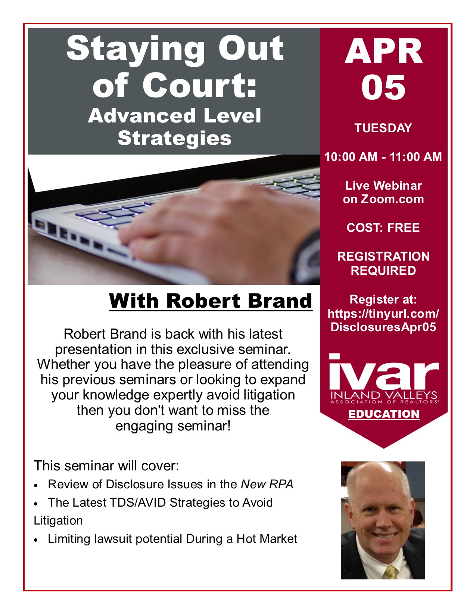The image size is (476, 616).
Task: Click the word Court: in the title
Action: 200,85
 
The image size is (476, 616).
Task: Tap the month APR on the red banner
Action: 383,51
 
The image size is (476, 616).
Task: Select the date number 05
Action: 383,87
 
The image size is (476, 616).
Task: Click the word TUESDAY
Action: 383,128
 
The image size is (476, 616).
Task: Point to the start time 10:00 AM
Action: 351,157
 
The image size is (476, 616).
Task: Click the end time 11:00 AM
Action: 416,157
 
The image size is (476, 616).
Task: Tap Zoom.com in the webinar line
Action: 392,199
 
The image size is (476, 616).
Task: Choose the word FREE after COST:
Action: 404,228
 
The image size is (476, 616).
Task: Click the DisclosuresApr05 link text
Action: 383,327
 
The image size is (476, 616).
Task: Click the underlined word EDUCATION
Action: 383,414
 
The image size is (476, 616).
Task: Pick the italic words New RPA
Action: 267,484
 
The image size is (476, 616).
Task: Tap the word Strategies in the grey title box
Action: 174,139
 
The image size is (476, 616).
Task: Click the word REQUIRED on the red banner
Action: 383,270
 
